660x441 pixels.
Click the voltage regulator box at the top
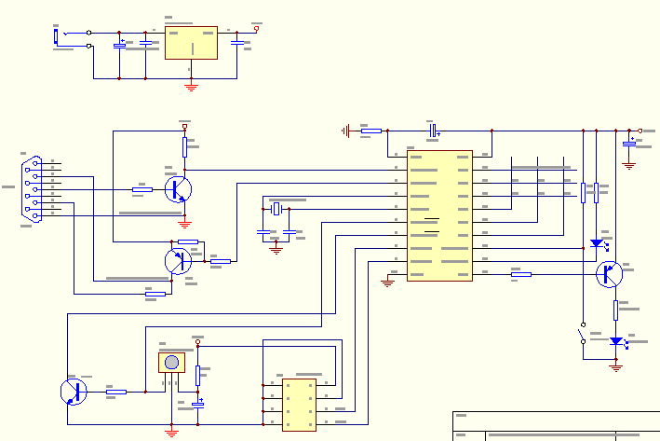tap(191, 43)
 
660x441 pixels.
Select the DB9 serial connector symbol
tap(32, 189)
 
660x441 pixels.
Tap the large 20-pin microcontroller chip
tap(439, 215)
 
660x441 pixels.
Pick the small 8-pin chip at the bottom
tap(299, 404)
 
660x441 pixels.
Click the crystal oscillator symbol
tap(276, 207)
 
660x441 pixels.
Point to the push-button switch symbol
tap(583, 335)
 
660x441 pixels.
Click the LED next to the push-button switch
tap(615, 341)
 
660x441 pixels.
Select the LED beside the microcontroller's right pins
tap(597, 243)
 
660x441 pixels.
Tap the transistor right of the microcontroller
tap(609, 274)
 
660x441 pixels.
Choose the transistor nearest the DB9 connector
tap(178, 190)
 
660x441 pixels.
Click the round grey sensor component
tap(171, 362)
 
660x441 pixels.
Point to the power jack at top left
tap(57, 36)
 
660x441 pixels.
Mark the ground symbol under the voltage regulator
tap(191, 87)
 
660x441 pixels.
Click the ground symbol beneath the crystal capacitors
tap(276, 249)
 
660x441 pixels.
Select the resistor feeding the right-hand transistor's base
tap(521, 274)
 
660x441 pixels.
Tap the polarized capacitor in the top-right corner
tap(629, 143)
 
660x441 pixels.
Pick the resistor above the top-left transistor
tap(184, 145)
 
